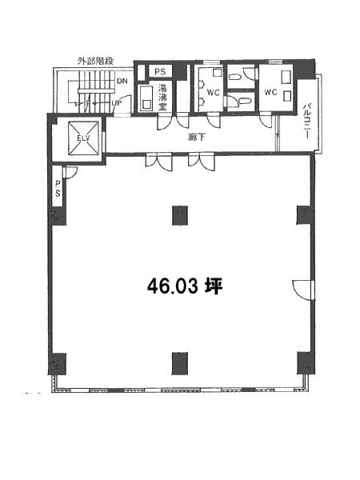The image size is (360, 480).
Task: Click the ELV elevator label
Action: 83,138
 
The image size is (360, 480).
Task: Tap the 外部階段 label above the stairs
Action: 95,61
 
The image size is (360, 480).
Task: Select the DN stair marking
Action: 122,81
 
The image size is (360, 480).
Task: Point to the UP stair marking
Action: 117,103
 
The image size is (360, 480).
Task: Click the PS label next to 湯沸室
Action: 160,72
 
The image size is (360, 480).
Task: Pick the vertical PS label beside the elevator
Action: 58,189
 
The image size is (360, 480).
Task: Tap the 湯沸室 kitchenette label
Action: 162,98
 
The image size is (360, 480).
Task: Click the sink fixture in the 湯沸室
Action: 146,98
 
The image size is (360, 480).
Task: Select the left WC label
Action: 213,92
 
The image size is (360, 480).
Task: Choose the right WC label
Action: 270,92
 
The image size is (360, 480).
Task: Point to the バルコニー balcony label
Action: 307,122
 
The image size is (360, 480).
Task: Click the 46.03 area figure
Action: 172,287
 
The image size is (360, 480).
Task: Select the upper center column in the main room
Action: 180,215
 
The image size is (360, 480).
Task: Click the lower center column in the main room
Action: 180,363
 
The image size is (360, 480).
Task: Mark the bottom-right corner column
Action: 306,363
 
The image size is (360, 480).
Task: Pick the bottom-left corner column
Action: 58,364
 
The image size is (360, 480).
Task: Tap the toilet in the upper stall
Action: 235,78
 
